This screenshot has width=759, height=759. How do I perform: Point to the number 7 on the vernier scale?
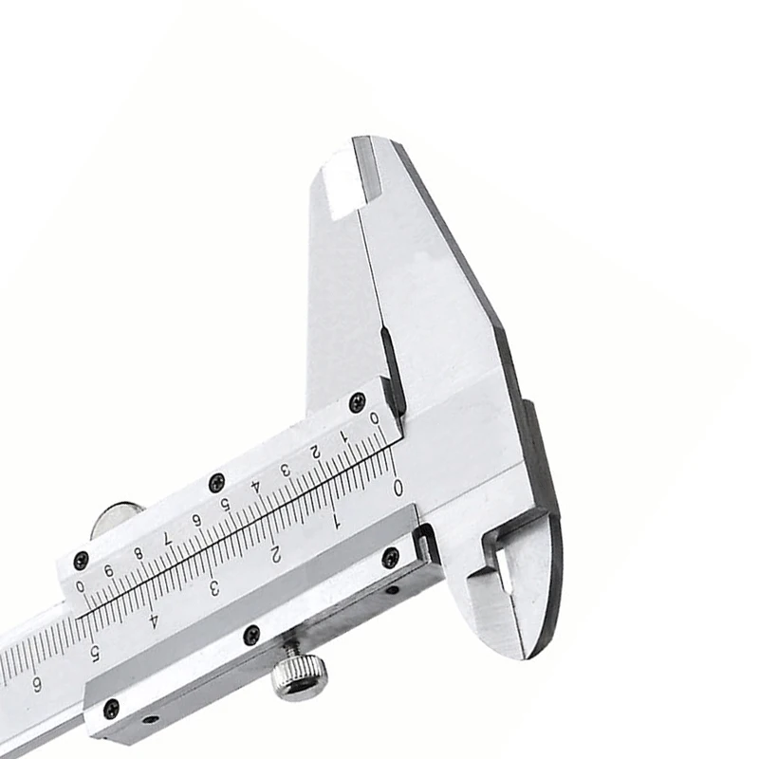168,538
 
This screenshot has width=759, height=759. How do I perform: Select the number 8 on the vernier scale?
139,553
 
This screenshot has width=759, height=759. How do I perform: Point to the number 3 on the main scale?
214,587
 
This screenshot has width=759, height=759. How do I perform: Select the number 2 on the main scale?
275,553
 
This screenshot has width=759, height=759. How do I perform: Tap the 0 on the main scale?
398,488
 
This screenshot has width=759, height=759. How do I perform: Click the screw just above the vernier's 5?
216,481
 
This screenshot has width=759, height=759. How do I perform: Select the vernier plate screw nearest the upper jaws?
357,402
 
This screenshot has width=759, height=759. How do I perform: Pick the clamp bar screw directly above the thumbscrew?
251,635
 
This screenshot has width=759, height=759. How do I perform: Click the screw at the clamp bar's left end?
111,709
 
